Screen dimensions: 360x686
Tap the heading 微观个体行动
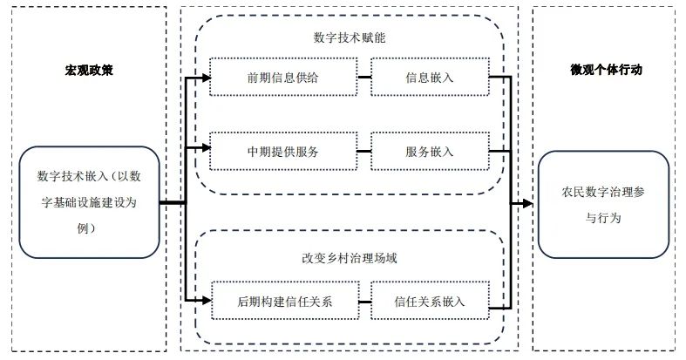[x=606, y=69]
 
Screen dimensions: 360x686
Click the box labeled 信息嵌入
[x=429, y=77]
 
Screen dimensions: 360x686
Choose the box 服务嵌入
[x=429, y=151]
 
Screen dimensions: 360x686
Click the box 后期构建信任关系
[x=285, y=302]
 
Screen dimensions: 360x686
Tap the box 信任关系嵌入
[x=429, y=302]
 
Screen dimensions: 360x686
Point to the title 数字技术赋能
[x=349, y=38]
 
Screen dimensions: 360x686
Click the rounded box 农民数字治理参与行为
[x=603, y=203]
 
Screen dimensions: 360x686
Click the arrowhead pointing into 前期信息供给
[x=206, y=77]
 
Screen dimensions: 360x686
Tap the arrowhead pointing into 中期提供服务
[x=206, y=151]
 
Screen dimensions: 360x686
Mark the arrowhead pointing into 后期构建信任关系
[x=206, y=302]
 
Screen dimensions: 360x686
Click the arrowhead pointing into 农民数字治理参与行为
[x=527, y=203]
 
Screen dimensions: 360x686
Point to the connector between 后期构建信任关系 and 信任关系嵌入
[x=364, y=302]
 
